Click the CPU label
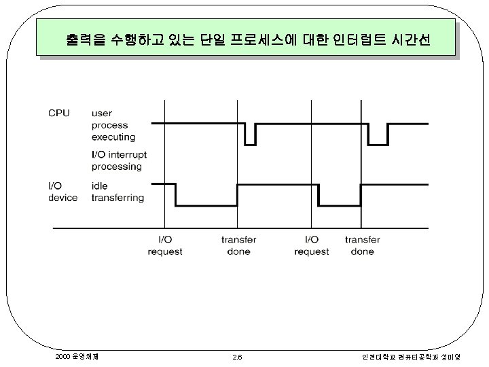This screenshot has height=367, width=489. (58, 112)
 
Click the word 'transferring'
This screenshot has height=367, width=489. (117, 198)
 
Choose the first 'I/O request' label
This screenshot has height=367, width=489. (165, 245)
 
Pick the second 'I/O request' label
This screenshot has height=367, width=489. (311, 245)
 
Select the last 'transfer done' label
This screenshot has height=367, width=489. (362, 245)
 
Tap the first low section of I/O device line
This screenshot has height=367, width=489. (206, 205)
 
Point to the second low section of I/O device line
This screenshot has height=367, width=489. (340, 205)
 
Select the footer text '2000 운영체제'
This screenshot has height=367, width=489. (75, 355)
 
